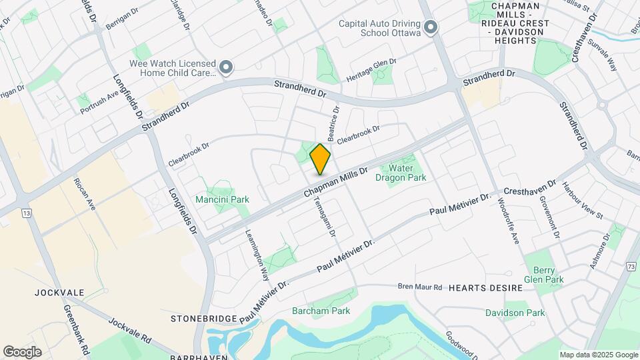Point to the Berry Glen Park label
coord(544,275)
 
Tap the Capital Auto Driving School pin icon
coord(431,28)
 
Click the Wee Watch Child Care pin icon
coord(227,67)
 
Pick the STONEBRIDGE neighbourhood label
coord(201,319)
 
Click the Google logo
coord(22,352)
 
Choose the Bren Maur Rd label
coord(420,287)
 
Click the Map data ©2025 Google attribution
coord(598,355)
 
